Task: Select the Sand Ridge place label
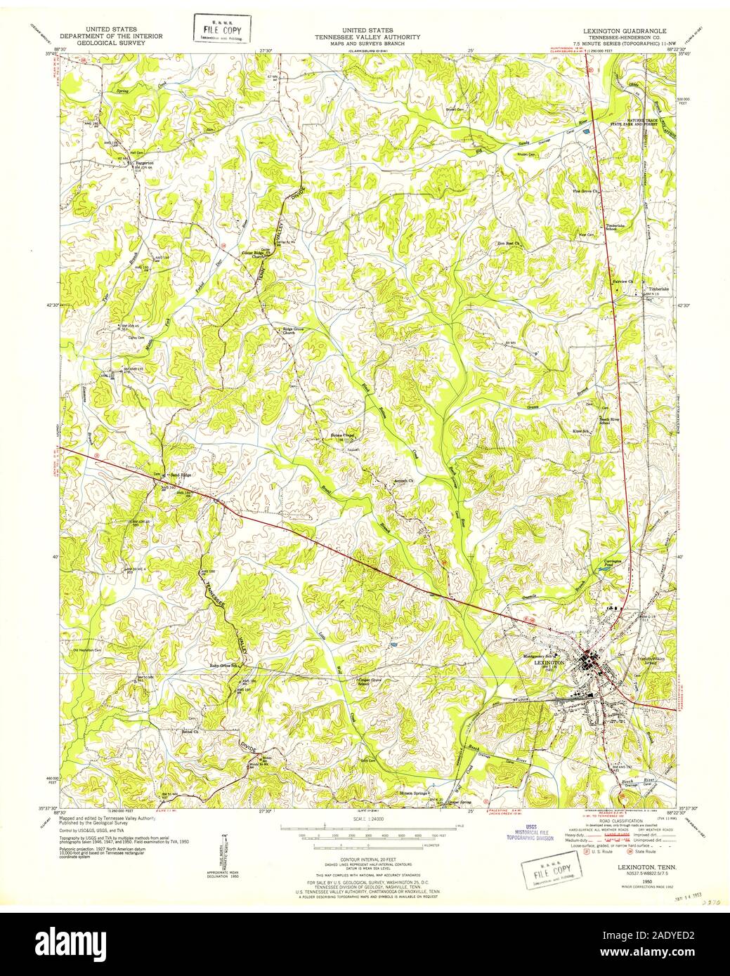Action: (180, 475)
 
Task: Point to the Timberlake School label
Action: (615, 227)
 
